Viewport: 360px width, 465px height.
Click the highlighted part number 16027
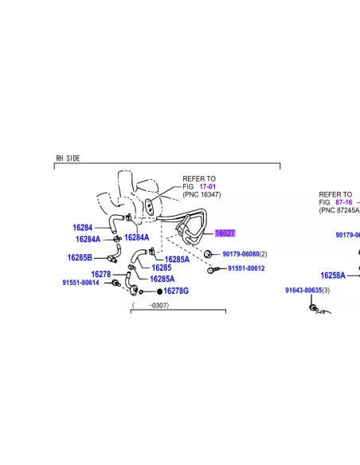pyautogui.click(x=225, y=233)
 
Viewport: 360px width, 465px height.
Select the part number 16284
pyautogui.click(x=83, y=228)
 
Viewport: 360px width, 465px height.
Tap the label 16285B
pyautogui.click(x=80, y=258)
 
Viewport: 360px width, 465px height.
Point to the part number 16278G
pyautogui.click(x=176, y=291)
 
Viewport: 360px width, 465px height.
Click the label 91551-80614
pyautogui.click(x=80, y=283)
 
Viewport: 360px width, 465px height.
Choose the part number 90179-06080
pyautogui.click(x=241, y=254)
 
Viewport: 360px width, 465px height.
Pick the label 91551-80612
pyautogui.click(x=246, y=268)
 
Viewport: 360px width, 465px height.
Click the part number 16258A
pyautogui.click(x=333, y=275)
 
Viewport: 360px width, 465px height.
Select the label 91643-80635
pyautogui.click(x=303, y=291)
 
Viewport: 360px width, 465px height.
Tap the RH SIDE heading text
pyautogui.click(x=68, y=158)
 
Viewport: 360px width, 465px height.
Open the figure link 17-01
pyautogui.click(x=208, y=186)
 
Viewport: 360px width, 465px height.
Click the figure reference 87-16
pyautogui.click(x=344, y=202)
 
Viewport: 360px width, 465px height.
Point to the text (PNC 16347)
pyautogui.click(x=202, y=194)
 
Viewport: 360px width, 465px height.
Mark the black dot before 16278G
pyautogui.click(x=159, y=291)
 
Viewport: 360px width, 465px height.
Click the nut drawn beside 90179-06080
pyautogui.click(x=208, y=254)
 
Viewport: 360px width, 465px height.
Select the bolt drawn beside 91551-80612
pyautogui.click(x=213, y=270)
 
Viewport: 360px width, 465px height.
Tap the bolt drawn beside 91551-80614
pyautogui.click(x=116, y=283)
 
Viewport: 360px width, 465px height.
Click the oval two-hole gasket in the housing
pyautogui.click(x=149, y=206)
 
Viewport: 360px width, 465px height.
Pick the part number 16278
pyautogui.click(x=101, y=275)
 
